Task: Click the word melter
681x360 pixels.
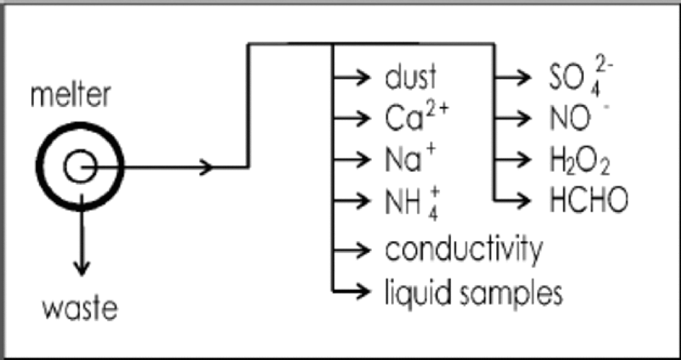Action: [x=70, y=96]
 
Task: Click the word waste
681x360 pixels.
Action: [x=81, y=306]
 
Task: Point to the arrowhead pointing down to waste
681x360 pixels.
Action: [x=82, y=268]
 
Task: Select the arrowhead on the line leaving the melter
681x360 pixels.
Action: [x=206, y=167]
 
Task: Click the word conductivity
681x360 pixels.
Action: [x=463, y=248]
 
